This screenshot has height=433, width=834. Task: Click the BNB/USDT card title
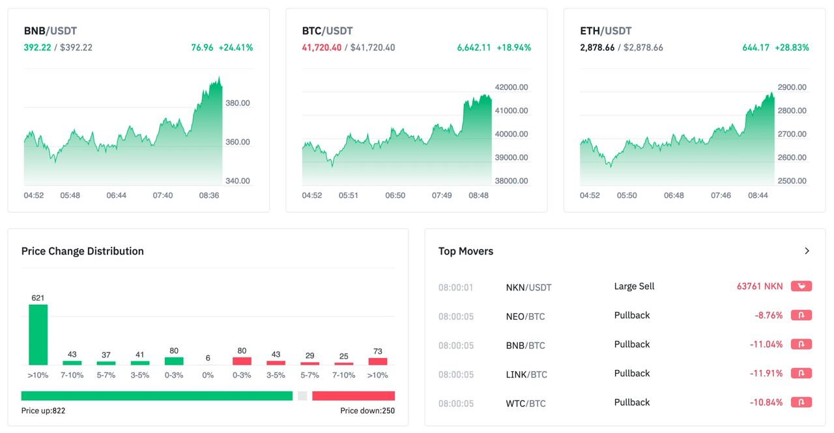(x=50, y=31)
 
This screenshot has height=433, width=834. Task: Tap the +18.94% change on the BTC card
(x=513, y=48)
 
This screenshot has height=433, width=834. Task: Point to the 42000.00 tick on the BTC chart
(x=511, y=87)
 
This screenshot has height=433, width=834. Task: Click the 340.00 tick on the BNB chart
(x=237, y=181)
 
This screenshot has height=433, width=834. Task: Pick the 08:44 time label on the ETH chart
(x=758, y=195)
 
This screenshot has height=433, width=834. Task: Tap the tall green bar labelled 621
(x=38, y=335)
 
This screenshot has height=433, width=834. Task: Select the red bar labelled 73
(x=377, y=361)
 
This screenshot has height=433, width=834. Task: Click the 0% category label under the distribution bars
(x=208, y=375)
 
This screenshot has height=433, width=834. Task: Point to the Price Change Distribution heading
(x=83, y=251)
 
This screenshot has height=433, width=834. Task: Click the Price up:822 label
(x=43, y=411)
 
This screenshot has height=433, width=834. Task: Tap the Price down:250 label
(x=367, y=411)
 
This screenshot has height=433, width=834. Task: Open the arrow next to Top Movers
(x=807, y=251)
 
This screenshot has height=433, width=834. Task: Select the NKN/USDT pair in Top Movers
(x=528, y=287)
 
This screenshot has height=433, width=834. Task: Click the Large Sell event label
(x=634, y=286)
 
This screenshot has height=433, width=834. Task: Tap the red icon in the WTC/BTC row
(x=801, y=402)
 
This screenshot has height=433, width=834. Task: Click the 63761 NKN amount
(x=760, y=286)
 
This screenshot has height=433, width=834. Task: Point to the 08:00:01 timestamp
(x=455, y=287)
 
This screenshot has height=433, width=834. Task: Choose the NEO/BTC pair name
(x=525, y=316)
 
